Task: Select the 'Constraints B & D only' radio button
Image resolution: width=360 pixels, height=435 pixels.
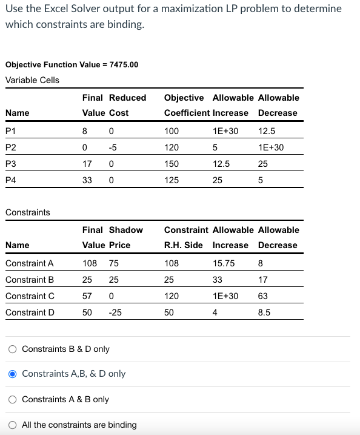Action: coord(12,349)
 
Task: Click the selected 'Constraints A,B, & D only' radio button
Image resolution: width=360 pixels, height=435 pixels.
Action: coord(12,374)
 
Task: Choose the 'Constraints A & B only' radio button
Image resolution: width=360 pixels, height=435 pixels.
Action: coord(12,399)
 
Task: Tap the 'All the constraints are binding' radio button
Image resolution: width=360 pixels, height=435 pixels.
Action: coord(12,425)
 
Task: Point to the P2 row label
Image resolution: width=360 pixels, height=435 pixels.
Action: coord(11,147)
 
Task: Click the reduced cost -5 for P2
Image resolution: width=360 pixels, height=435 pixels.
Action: coord(113,147)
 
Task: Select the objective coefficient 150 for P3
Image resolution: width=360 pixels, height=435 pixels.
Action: coord(172,164)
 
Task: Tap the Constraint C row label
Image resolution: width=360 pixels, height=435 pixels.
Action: coord(30,296)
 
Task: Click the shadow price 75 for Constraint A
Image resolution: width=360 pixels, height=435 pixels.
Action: coord(113,263)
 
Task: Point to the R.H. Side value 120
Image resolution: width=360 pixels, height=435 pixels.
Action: coord(172,296)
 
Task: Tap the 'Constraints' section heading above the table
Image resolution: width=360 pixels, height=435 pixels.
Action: coord(28,212)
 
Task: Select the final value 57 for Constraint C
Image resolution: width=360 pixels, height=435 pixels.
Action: coord(87,296)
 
